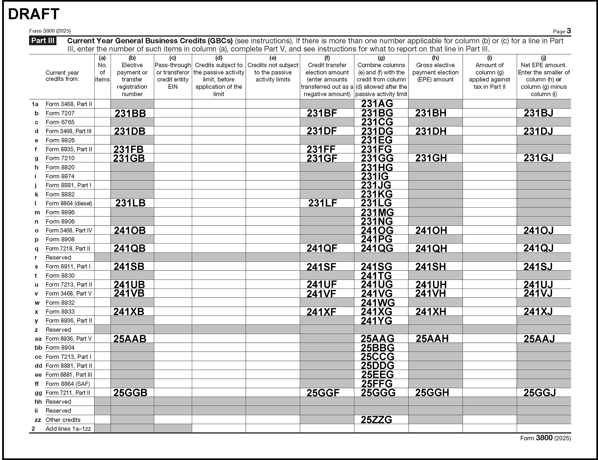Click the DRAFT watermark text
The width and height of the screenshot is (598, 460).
[34, 14]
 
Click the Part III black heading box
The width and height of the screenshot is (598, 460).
[43, 41]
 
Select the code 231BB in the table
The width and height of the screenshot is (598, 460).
[130, 113]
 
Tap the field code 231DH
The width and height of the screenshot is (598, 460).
[431, 131]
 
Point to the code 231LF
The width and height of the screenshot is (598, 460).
[323, 203]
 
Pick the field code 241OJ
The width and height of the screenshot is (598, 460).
[538, 230]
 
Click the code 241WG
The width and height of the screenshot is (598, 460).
[378, 303]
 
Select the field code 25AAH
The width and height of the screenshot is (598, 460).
[432, 339]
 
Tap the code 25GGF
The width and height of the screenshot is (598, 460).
[323, 393]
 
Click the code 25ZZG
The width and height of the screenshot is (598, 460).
[376, 420]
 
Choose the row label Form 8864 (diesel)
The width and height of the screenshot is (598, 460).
[69, 203]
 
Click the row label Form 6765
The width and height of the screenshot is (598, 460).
[60, 122]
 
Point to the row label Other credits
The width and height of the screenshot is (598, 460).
[63, 420]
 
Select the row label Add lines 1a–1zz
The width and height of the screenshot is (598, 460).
[68, 429]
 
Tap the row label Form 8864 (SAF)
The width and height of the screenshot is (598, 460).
[67, 384]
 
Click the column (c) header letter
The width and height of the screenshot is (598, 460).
[173, 58]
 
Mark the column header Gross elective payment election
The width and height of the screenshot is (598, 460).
[435, 72]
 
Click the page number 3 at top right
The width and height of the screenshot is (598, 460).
[569, 31]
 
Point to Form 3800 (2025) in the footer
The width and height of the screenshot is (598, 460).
[545, 438]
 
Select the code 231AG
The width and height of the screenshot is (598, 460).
[377, 104]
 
